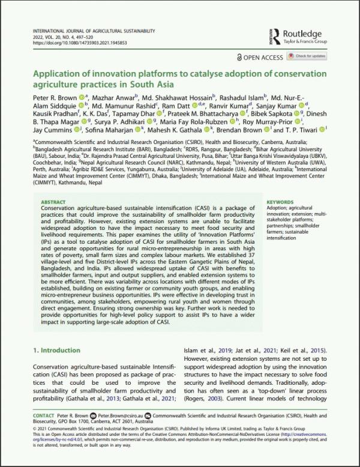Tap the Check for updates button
point(307,56)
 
